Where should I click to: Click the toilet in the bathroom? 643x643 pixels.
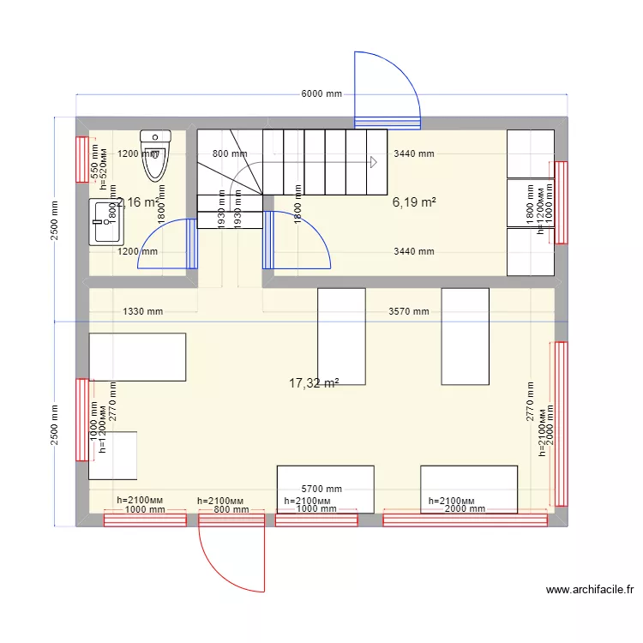[x=155, y=155]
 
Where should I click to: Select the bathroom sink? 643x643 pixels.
[x=105, y=221]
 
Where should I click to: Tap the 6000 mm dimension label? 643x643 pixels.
[x=321, y=94]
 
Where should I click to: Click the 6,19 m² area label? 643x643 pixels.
[x=414, y=203]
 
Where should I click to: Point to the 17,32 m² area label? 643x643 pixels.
[x=314, y=383]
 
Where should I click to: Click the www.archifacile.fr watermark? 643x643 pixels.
[x=589, y=590]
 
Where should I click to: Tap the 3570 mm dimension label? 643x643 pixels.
[x=408, y=311]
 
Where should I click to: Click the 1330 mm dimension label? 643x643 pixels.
[x=142, y=311]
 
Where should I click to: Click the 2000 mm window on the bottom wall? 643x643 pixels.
[x=465, y=518]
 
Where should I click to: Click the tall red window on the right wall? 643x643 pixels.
[x=561, y=424]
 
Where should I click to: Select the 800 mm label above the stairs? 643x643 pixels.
[x=230, y=154]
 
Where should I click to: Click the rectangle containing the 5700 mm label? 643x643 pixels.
[x=325, y=490]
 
